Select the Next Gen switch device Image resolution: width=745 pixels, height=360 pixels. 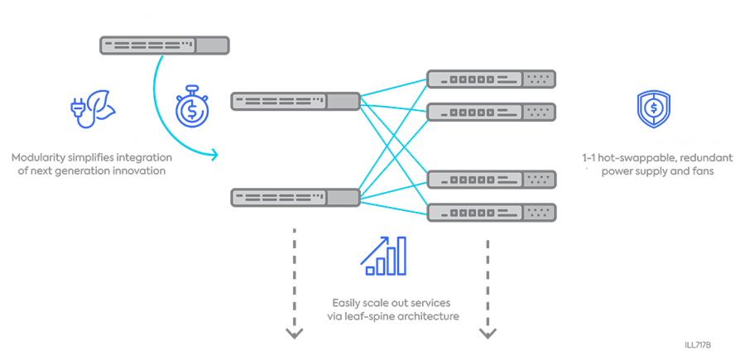(164, 46)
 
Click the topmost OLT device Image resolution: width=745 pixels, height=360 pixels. (491, 79)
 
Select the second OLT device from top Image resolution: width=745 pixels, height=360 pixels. (491, 111)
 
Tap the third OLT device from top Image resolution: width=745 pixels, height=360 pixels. (491, 180)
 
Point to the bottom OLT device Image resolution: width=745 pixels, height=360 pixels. (491, 212)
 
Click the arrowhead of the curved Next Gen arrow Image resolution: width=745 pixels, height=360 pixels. (217, 154)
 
